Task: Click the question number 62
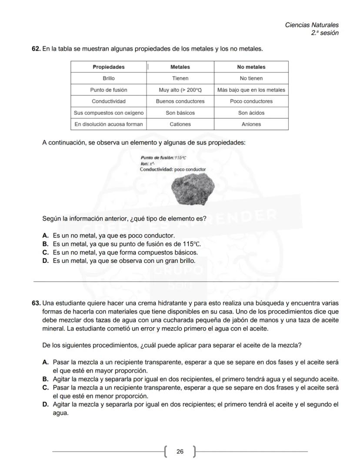point(36,49)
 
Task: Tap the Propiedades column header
point(108,67)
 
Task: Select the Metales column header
point(180,67)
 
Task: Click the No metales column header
point(251,67)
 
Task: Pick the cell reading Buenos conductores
point(180,101)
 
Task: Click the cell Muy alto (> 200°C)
point(180,90)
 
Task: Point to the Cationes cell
point(180,124)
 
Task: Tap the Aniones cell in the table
point(251,124)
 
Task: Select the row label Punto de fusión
point(108,90)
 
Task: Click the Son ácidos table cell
point(251,113)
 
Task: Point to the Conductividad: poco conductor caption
point(173,169)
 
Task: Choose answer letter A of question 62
point(45,235)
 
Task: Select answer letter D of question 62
point(45,261)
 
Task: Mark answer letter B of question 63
point(45,379)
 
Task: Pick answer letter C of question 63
point(45,387)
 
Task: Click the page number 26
point(180,452)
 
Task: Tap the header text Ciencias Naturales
point(311,25)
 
